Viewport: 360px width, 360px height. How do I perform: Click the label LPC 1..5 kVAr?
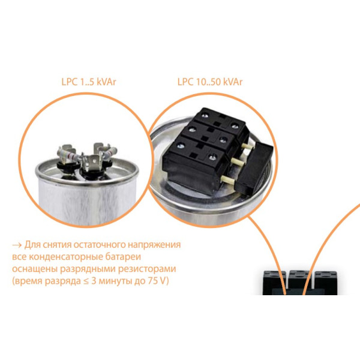(x=89, y=82)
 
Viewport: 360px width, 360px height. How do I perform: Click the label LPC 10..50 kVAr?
(x=209, y=82)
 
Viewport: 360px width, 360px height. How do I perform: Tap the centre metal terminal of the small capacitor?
(x=92, y=163)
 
